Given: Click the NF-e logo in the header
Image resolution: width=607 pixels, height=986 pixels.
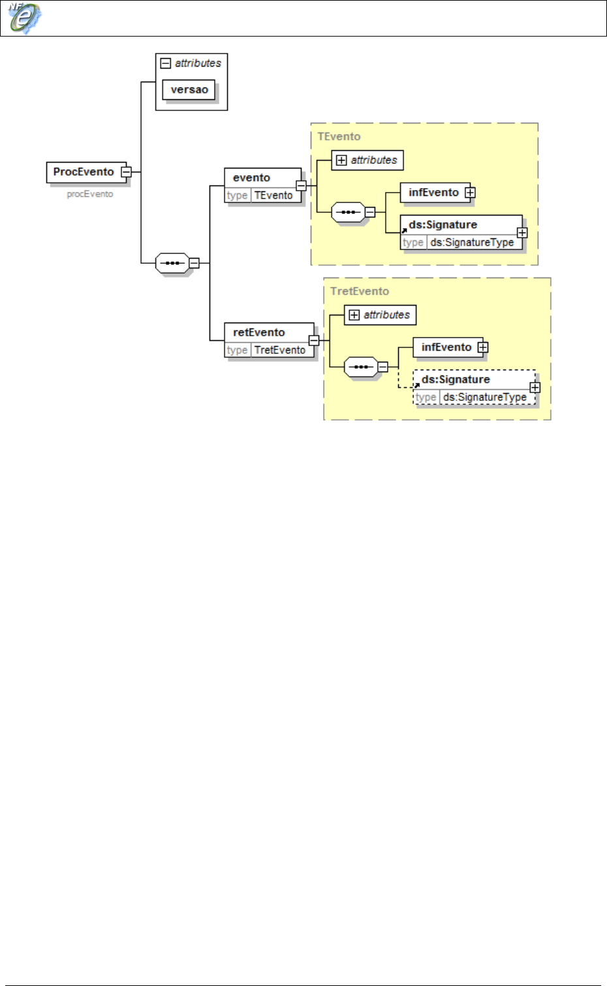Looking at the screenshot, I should pos(23,18).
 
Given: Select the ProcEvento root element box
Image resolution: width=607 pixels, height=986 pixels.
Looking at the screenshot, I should pos(84,172).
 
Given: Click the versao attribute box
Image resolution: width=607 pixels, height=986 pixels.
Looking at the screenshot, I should pos(189,89).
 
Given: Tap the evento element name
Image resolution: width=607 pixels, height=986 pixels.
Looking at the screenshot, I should pos(251,178).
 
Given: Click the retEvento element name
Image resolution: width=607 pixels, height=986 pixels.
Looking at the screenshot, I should pos(258,332).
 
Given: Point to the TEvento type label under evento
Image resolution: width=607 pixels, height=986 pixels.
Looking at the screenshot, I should pos(273,195).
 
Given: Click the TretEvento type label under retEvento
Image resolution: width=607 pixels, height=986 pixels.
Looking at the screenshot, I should pos(279,350).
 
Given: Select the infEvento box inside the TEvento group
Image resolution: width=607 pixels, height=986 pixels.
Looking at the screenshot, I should pos(433,192).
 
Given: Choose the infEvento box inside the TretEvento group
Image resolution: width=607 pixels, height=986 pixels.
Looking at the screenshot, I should pos(446,347).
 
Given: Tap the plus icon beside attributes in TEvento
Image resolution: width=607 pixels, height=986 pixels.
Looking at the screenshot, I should pos(341,160).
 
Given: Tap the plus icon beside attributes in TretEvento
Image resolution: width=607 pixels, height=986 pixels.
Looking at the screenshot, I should pos(354,315).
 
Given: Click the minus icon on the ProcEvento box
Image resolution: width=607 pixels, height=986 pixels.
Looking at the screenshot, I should pos(127,172).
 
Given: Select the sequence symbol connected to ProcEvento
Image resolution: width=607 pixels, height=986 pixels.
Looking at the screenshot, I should pos(172,263).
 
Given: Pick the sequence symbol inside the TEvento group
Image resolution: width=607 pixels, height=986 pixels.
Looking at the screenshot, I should pos(348,212).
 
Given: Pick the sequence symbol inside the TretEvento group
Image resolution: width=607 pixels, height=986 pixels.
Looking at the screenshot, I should pos(360,367).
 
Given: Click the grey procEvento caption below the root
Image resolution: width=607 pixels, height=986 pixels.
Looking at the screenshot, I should pos(90,194).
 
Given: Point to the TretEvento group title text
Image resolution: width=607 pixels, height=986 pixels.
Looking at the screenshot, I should pos(360,291).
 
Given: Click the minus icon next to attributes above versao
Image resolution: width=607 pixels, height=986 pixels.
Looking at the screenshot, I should pos(166,63).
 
